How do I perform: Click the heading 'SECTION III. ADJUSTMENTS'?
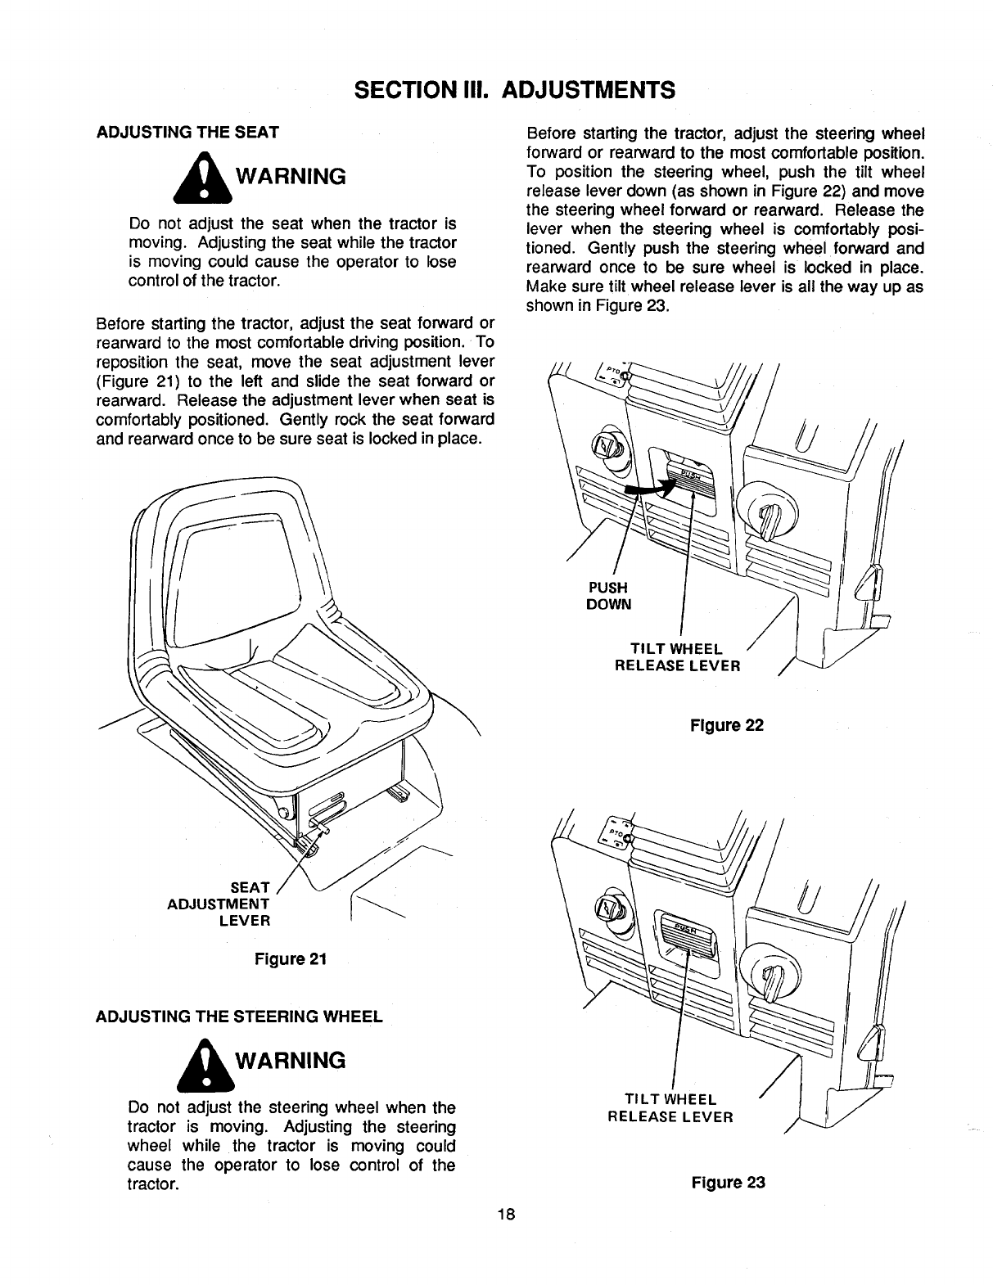pos(497,89)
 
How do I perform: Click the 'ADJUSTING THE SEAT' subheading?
pos(187,132)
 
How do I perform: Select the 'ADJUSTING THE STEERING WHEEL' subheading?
pos(239,1017)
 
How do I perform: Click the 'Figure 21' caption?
pos(292,959)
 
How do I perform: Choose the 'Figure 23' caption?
pos(728,1182)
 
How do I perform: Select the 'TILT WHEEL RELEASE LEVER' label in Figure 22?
pos(677,657)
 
